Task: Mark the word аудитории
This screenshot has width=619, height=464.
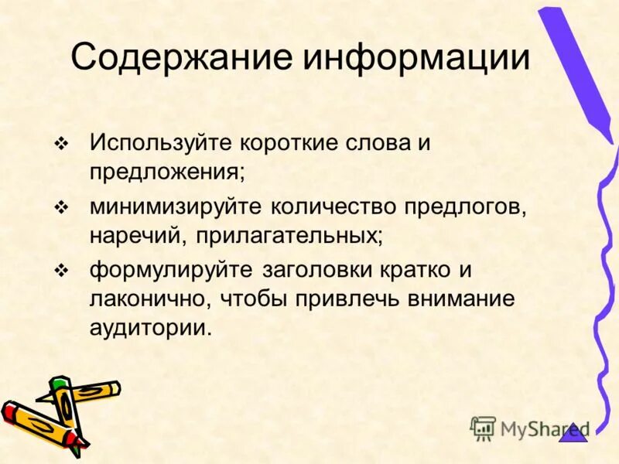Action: pyautogui.click(x=149, y=326)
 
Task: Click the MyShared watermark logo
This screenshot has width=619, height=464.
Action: pyautogui.click(x=529, y=428)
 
